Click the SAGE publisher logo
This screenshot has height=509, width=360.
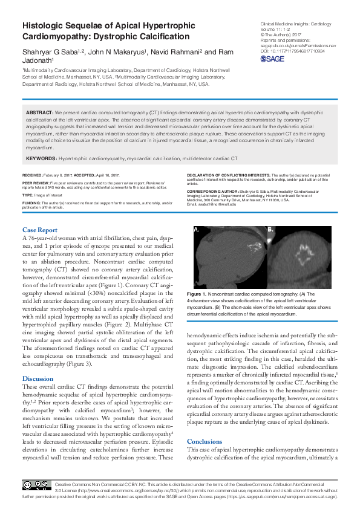(x=273, y=59)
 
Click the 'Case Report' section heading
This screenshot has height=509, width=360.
(x=40, y=230)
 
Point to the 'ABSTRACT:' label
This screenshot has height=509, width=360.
(x=40, y=113)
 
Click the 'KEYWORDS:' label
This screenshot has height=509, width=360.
(x=41, y=158)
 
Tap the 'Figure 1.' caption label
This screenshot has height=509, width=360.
(x=197, y=293)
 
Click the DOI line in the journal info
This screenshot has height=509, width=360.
(x=292, y=51)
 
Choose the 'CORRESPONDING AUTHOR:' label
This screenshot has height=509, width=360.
(x=213, y=190)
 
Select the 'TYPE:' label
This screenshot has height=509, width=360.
(x=28, y=195)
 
